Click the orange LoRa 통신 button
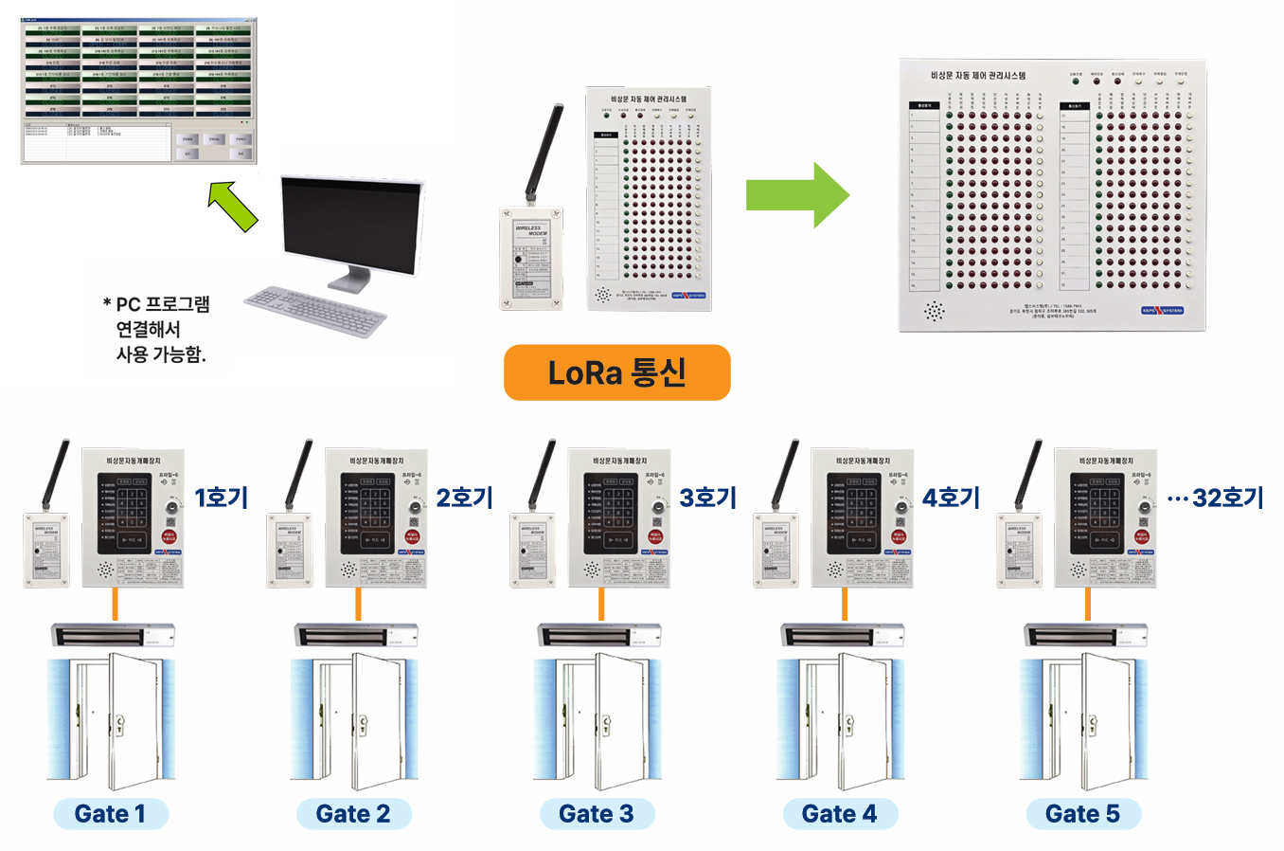click(x=616, y=372)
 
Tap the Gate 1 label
click(x=111, y=814)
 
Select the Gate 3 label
click(x=597, y=814)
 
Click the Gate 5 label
click(x=1083, y=814)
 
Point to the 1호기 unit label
click(x=222, y=498)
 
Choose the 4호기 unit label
click(x=951, y=498)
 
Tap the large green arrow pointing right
click(x=797, y=194)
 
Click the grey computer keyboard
click(x=315, y=310)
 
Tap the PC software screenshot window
click(x=139, y=90)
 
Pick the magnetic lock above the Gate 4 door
click(x=842, y=634)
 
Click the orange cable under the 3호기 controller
click(x=601, y=604)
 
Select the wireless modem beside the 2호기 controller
click(x=289, y=550)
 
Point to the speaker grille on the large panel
click(x=935, y=310)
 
